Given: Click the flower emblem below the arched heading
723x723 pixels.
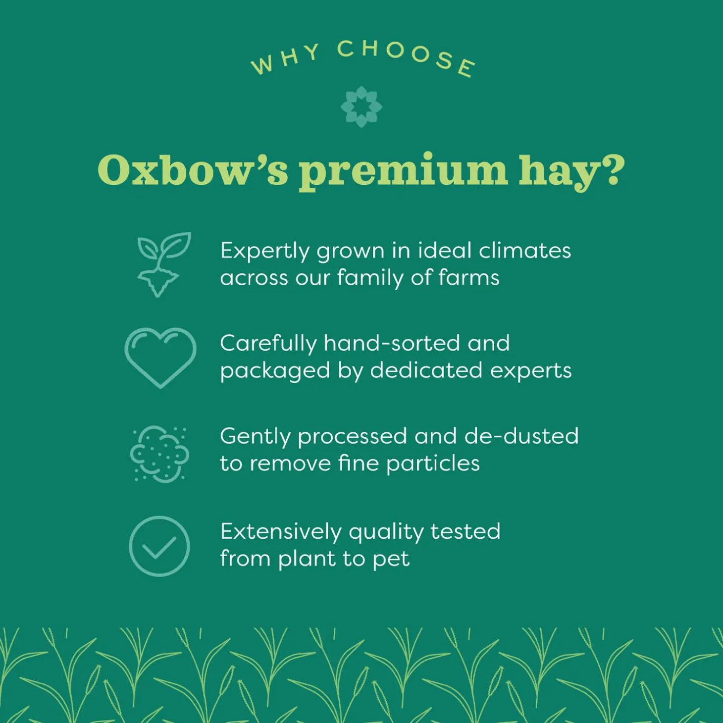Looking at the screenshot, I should pyautogui.click(x=361, y=106).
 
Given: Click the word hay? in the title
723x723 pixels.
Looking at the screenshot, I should pyautogui.click(x=571, y=171).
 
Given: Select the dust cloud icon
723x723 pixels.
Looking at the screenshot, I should pyautogui.click(x=159, y=453).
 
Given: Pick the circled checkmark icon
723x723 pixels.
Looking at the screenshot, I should pyautogui.click(x=159, y=546).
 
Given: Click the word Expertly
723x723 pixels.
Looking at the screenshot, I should pyautogui.click(x=264, y=252).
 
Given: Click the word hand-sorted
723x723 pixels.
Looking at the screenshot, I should pyautogui.click(x=392, y=343).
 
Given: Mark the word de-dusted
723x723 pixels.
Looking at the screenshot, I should pyautogui.click(x=521, y=436).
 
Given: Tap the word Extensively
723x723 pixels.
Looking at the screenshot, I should pyautogui.click(x=281, y=531).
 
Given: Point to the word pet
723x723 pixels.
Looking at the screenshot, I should pyautogui.click(x=391, y=560).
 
